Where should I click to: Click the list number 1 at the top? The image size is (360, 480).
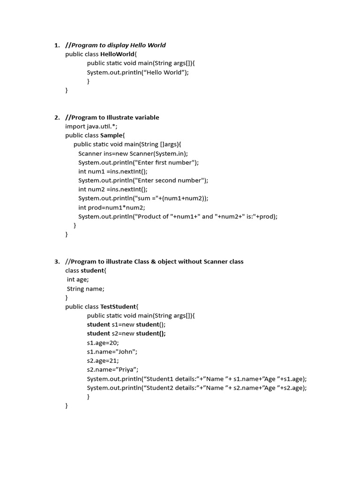56,45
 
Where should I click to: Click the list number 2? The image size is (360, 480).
56,118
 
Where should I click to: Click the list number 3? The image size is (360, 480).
56,262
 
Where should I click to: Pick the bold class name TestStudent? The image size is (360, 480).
118,307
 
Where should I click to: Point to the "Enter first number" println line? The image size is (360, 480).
138,163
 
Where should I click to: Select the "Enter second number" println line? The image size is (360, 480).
143,180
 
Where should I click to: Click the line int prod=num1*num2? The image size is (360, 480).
112,208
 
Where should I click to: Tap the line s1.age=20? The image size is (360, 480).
103,343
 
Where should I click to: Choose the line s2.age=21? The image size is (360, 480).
103,361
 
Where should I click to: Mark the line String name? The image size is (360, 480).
86,289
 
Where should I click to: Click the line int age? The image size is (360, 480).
78,280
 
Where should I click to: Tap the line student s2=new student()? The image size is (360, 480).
126,334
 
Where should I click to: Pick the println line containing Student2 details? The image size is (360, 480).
197,388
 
